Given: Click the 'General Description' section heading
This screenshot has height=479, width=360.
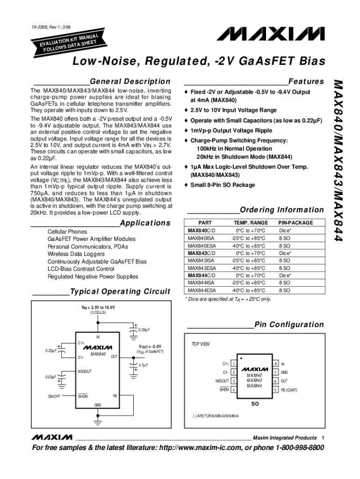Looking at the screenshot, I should (x=130, y=81).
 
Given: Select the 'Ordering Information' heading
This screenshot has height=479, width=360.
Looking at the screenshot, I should (x=281, y=210).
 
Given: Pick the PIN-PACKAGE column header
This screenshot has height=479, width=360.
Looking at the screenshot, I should (x=295, y=223).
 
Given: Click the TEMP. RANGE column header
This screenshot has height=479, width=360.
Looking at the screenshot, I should (x=251, y=223).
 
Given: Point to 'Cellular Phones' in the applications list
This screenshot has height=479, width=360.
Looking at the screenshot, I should (x=67, y=232).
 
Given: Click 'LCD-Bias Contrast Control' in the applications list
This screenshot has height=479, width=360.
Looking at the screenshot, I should (x=81, y=269).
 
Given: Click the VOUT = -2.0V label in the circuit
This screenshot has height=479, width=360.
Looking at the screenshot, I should (x=151, y=347).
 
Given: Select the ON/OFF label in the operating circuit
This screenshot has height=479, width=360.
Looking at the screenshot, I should (x=54, y=396).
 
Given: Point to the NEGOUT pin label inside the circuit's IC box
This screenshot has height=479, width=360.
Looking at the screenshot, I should (x=85, y=371).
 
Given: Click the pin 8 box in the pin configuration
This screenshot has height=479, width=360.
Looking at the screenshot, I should (x=276, y=363).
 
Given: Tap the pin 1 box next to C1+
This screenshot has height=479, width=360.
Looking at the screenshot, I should (x=233, y=363).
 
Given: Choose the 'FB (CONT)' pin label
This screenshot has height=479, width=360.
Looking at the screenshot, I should (x=289, y=390).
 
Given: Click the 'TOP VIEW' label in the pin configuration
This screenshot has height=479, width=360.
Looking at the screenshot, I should (x=201, y=344).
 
